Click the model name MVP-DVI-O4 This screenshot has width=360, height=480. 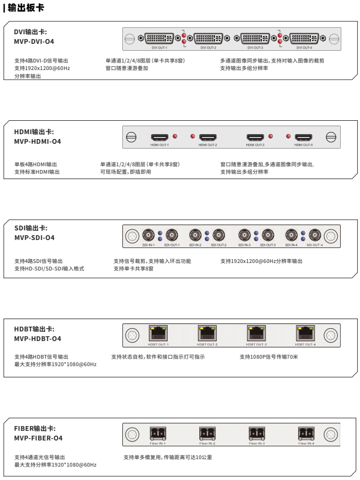(34, 41)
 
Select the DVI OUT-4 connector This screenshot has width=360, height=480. (303, 38)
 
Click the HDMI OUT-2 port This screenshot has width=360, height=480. (207, 137)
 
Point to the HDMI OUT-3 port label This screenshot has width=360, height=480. (255, 145)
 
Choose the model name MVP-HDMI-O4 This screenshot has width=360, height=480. (37, 142)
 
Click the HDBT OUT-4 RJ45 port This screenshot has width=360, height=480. (304, 334)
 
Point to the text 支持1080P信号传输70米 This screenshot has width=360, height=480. (269, 357)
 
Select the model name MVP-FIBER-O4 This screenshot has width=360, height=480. (38, 438)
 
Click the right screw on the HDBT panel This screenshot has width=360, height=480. (331, 335)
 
